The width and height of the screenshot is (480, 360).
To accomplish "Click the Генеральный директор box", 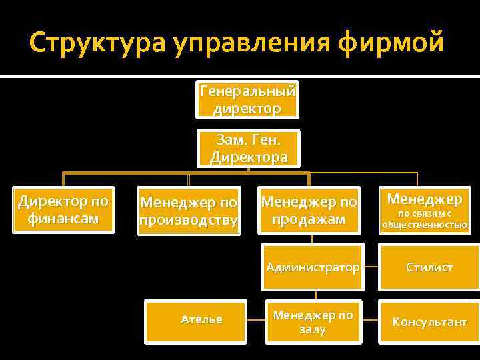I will pyautogui.click(x=248, y=99).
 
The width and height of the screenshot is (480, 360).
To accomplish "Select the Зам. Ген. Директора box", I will pyautogui.click(x=249, y=148).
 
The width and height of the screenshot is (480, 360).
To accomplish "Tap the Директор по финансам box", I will pyautogui.click(x=63, y=209).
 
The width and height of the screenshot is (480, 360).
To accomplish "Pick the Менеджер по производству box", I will pyautogui.click(x=188, y=211).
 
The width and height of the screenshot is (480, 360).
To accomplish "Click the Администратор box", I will pyautogui.click(x=312, y=267).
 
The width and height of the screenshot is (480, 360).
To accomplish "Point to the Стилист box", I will pyautogui.click(x=429, y=267).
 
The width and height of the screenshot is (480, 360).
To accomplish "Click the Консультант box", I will pyautogui.click(x=429, y=322).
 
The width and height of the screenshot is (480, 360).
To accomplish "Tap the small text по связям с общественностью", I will pyautogui.click(x=425, y=219).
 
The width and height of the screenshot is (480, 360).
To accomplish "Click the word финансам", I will pyautogui.click(x=63, y=219).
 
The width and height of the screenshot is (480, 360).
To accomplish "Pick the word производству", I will pyautogui.click(x=188, y=221).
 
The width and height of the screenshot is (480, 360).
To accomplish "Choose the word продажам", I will pyautogui.click(x=309, y=219).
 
